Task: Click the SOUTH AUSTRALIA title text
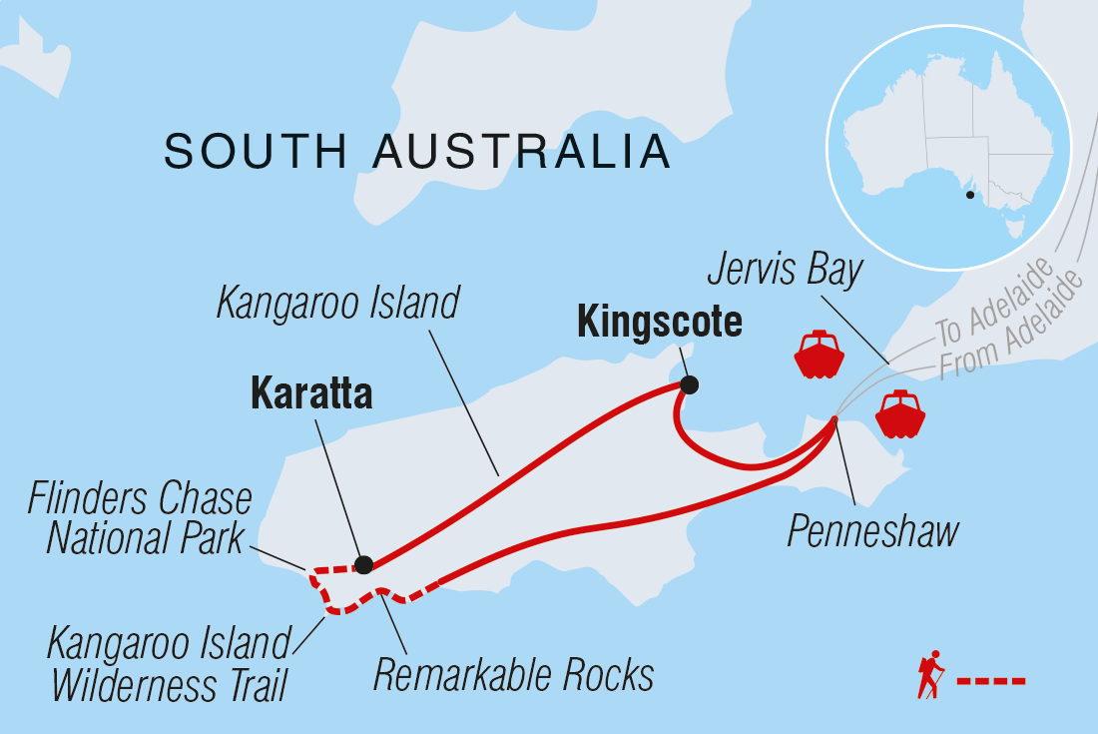tap(417, 152)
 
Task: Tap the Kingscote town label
tap(660, 323)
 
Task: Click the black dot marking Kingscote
tap(689, 384)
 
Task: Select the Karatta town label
tap(310, 394)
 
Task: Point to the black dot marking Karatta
tap(364, 565)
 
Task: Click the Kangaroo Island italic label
tap(337, 303)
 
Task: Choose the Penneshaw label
tap(872, 531)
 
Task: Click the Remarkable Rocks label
tap(513, 675)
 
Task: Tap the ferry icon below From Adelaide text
tap(899, 413)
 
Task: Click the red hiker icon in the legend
tap(930, 676)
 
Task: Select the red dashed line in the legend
tap(991, 682)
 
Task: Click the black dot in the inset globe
tap(968, 196)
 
